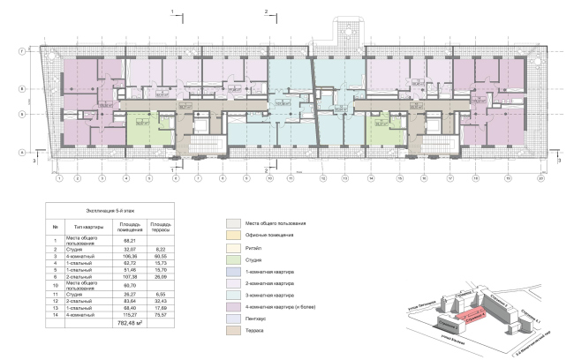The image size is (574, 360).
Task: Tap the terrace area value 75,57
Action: pos(160,314)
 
